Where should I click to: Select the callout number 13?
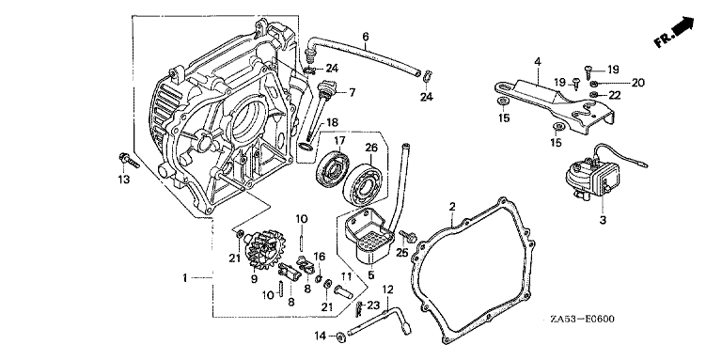pos(123,180)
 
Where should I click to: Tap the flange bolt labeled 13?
pos(128,160)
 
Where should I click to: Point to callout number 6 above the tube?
pos(366,36)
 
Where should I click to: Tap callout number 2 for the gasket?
pos(452,206)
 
